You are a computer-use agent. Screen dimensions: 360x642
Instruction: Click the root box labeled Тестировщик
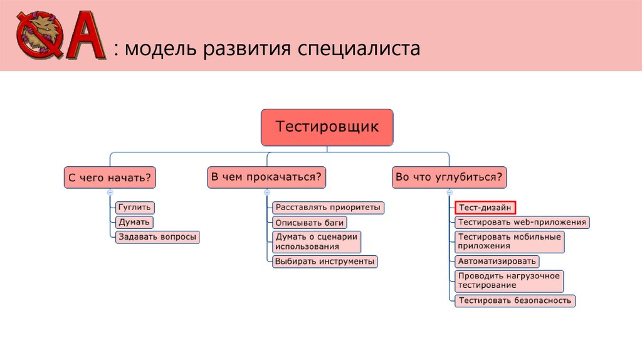coord(327,127)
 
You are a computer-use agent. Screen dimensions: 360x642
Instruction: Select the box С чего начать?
coord(110,177)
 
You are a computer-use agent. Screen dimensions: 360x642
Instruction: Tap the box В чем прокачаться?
coord(266,177)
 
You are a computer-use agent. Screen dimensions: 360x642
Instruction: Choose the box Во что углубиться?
coord(450,177)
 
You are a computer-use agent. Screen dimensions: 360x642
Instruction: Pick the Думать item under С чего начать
coord(134,222)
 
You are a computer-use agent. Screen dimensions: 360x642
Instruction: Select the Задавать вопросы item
coord(157,237)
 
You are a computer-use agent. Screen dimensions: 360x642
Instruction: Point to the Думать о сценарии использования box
coord(317,241)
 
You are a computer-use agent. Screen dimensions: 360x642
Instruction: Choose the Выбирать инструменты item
coord(324,261)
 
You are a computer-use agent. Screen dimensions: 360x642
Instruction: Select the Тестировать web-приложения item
coord(522,222)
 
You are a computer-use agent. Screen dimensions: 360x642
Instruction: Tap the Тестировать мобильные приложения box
coord(509,241)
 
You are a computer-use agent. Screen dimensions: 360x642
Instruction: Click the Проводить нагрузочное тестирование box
coord(509,280)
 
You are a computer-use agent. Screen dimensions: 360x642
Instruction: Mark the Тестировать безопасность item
coord(515,300)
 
